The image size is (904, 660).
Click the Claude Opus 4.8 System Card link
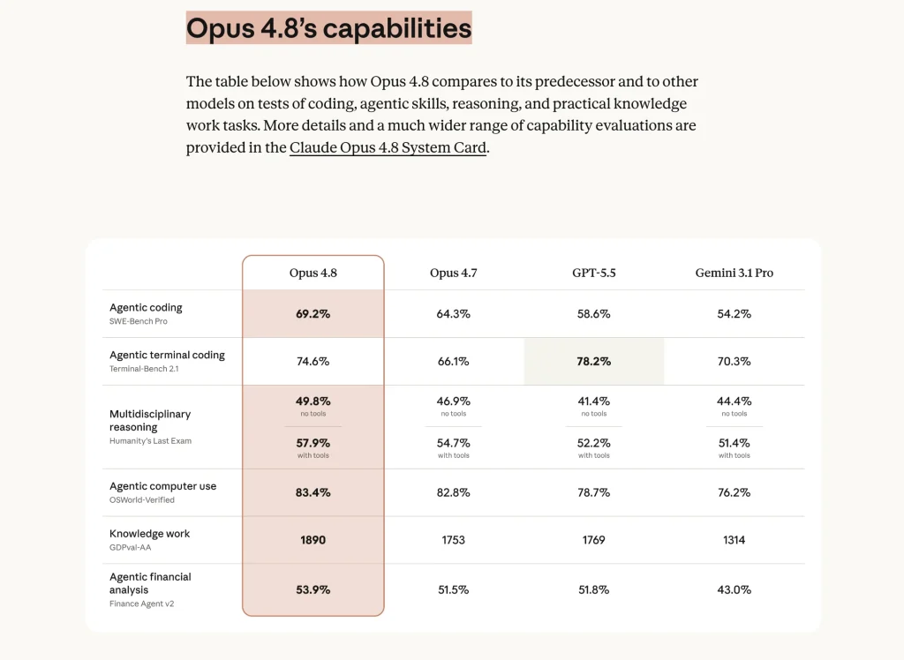(388, 147)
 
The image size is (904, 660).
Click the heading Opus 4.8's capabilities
(328, 27)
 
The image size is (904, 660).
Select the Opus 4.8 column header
(313, 273)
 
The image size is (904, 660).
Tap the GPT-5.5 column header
(594, 273)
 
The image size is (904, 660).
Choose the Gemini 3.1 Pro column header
(734, 273)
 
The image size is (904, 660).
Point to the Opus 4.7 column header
(453, 273)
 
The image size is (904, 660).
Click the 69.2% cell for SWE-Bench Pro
(313, 314)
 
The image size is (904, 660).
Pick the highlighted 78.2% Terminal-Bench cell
(594, 362)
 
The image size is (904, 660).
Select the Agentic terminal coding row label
(167, 355)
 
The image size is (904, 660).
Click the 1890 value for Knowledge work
(313, 540)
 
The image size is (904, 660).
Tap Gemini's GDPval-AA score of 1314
(734, 540)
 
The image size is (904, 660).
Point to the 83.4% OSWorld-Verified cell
(313, 493)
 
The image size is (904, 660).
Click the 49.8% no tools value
(313, 401)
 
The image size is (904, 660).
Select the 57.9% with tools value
(313, 443)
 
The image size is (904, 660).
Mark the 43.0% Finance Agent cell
(734, 589)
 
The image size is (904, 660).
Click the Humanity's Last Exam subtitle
(150, 441)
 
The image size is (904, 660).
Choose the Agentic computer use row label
(162, 486)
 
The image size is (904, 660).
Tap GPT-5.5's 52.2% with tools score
(594, 443)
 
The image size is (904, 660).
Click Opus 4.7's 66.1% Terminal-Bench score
(453, 362)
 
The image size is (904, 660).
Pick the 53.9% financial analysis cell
(313, 589)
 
